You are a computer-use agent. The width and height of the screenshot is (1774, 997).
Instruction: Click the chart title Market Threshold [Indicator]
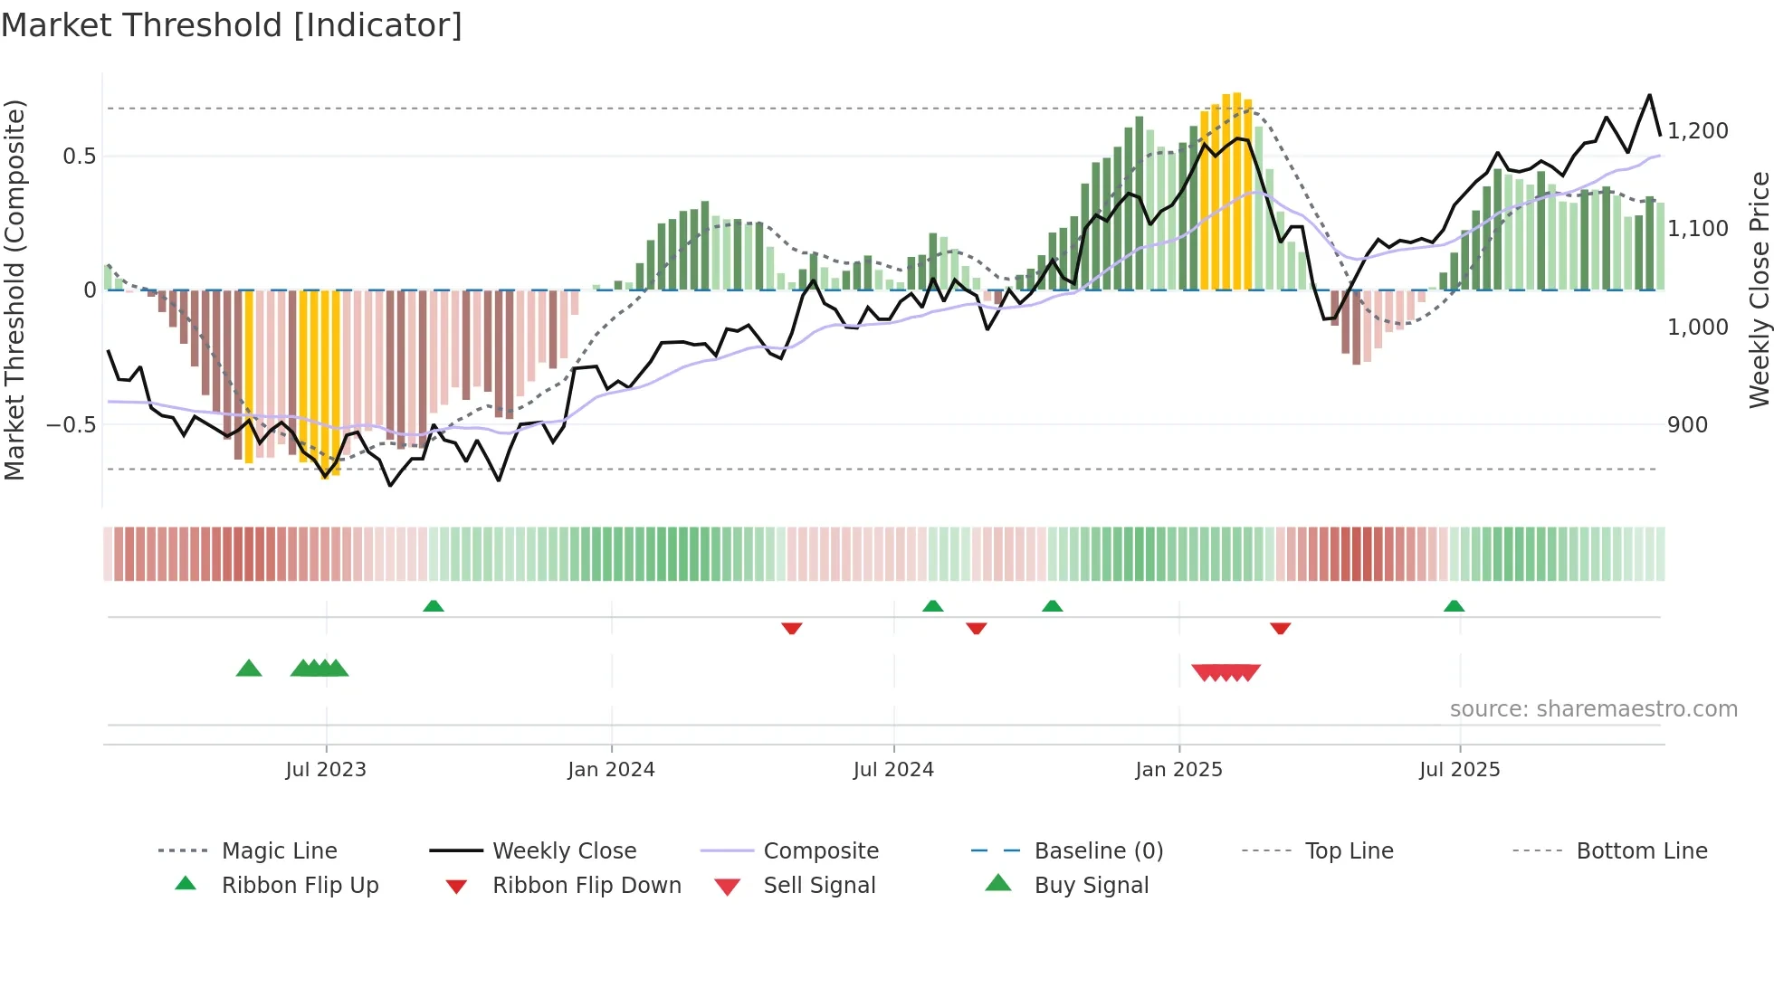pos(232,25)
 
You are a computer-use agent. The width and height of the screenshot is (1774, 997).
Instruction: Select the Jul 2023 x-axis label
pos(326,769)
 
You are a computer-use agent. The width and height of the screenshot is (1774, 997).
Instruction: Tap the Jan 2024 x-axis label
pos(611,769)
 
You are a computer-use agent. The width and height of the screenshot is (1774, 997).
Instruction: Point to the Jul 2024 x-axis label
pos(893,769)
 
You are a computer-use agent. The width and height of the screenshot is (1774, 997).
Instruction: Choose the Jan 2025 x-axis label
pos(1178,769)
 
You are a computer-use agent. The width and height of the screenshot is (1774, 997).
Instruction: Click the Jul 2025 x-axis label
pos(1459,769)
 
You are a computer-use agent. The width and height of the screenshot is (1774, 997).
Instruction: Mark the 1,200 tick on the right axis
pos(1697,131)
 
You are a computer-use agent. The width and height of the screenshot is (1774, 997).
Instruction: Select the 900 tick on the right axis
pos(1687,424)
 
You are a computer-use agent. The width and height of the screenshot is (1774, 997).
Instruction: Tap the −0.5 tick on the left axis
pos(71,424)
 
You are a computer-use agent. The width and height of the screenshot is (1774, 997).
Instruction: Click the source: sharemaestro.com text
pos(1593,708)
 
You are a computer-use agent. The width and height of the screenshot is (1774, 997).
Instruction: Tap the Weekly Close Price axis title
pos(1759,290)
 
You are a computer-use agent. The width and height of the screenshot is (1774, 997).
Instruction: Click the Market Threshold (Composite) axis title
pos(14,290)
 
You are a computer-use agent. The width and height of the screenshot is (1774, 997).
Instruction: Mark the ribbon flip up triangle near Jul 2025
pos(1454,606)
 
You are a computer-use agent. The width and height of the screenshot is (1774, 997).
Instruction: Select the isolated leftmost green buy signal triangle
pos(249,669)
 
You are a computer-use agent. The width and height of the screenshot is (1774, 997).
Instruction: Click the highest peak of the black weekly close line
pos(1649,95)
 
